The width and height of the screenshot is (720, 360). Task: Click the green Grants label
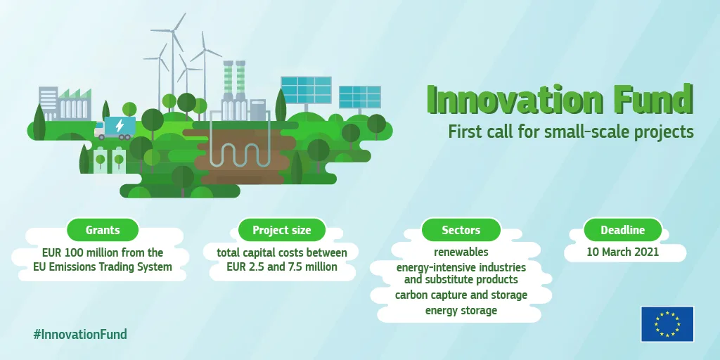pos(103,230)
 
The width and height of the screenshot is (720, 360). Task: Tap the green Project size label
pos(281,230)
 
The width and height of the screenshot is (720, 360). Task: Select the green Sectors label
pos(461,230)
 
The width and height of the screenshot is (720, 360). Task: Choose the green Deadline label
pos(623,230)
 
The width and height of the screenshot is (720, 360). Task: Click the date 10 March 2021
pos(623,252)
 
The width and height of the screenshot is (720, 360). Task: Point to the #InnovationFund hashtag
pos(80,334)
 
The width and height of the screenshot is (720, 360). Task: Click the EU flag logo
pos(667,324)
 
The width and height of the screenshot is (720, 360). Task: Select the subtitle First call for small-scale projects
pos(571,131)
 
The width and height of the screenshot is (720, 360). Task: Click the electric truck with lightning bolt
pos(115,128)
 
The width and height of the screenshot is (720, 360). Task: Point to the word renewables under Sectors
pos(461,252)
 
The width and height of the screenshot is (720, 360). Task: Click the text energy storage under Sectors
pos(461,310)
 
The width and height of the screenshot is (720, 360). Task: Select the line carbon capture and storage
pos(461,295)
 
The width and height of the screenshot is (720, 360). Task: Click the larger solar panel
pos(306,90)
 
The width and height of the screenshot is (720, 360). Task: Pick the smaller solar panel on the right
pos(359,97)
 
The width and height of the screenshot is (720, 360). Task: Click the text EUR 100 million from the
pos(103,252)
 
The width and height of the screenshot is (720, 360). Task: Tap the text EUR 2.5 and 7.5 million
pos(282,266)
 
